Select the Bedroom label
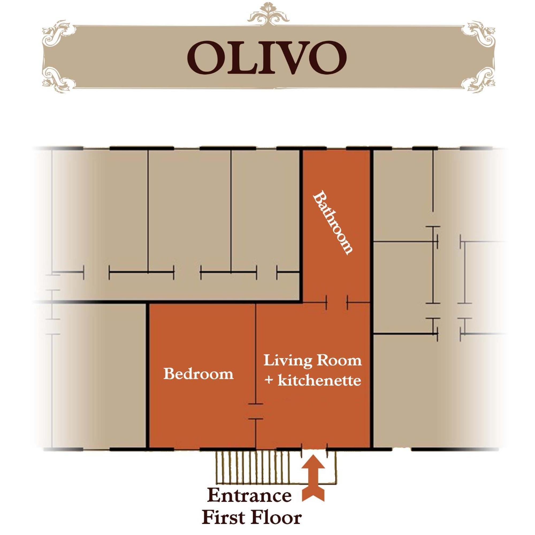198,374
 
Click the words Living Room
312,361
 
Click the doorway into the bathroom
337,302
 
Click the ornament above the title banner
268,13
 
